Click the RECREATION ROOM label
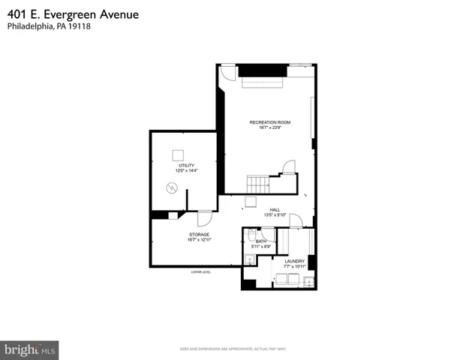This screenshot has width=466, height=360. click(x=269, y=121)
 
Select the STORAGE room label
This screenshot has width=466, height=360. click(x=199, y=235)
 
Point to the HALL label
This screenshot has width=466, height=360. click(x=275, y=210)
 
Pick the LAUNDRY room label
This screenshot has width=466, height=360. click(x=294, y=261)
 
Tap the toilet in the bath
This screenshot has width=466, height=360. click(x=252, y=235)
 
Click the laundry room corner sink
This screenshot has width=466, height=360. click(x=309, y=282)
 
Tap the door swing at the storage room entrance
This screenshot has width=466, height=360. click(x=203, y=218)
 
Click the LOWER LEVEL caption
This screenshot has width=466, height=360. click(x=200, y=271)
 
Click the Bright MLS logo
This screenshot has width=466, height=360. click(x=30, y=349)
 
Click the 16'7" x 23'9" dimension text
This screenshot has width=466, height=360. click(x=269, y=127)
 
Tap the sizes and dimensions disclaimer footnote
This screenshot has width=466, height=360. click(x=233, y=349)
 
